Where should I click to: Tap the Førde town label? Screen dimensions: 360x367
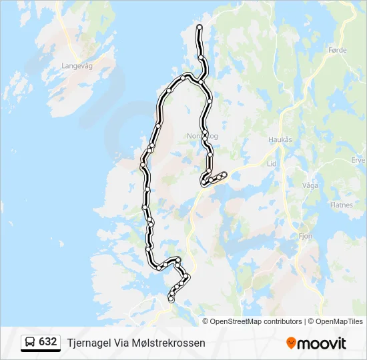click(338, 49)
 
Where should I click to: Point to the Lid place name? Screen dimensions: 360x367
click(270, 163)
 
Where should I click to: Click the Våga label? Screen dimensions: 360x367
click(310, 186)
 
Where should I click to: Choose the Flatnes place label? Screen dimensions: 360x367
click(341, 205)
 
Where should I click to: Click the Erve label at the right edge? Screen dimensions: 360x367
click(358, 160)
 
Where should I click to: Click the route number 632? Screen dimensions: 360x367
click(48, 342)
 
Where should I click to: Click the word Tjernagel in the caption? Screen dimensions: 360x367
click(89, 343)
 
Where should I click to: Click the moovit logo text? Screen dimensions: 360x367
click(322, 343)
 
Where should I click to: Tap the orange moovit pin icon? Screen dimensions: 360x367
click(291, 343)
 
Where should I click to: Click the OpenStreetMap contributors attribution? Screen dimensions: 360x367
click(256, 321)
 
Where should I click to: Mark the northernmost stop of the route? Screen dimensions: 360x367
click(200, 27)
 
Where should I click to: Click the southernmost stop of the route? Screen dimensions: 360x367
click(171, 300)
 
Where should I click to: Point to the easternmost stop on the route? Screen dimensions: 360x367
click(225, 175)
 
